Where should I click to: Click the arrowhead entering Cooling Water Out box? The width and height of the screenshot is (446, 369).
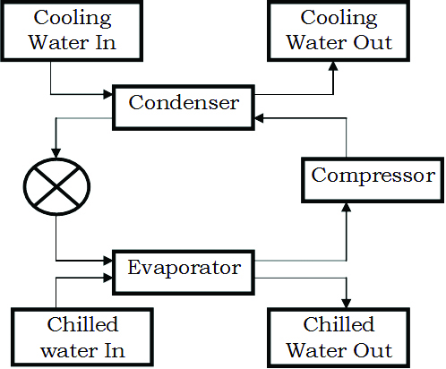coord(333,66)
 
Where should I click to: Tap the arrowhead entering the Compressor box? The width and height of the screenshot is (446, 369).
coord(347,208)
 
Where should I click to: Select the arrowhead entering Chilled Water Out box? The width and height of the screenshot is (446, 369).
coord(347,304)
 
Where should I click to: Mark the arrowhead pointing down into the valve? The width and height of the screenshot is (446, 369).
coord(56,153)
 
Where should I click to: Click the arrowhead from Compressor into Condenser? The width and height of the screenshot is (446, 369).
coord(259,118)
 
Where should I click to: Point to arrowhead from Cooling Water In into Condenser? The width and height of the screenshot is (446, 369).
coord(107,94)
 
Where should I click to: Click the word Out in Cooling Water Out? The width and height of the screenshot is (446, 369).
coord(373,42)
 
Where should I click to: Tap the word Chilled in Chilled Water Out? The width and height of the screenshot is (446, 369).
coord(339,324)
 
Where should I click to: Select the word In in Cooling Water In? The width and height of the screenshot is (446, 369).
coord(106,42)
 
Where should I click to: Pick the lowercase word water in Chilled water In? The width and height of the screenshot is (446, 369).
coord(69,351)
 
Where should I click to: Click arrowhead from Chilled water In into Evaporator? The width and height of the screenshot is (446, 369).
coord(107,278)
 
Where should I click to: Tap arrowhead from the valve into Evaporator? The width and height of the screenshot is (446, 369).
coord(107,261)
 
